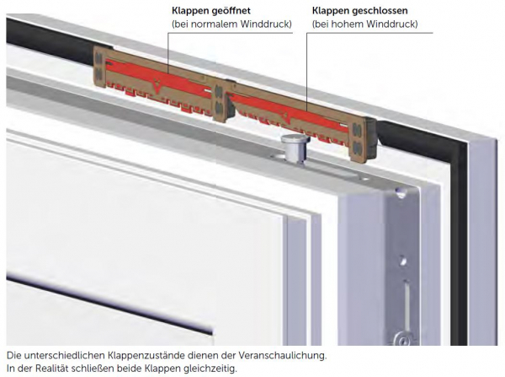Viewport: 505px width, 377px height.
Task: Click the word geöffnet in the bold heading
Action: (231, 11)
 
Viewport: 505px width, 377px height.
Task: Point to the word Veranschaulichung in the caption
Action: (282, 355)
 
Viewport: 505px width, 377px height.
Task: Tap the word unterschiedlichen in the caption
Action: (65, 355)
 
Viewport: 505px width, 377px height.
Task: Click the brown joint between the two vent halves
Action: (221, 102)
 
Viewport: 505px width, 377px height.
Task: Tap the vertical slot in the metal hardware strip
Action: (406, 301)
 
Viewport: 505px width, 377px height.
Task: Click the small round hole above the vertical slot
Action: (402, 260)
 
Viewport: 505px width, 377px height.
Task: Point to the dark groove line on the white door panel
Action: (109, 304)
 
